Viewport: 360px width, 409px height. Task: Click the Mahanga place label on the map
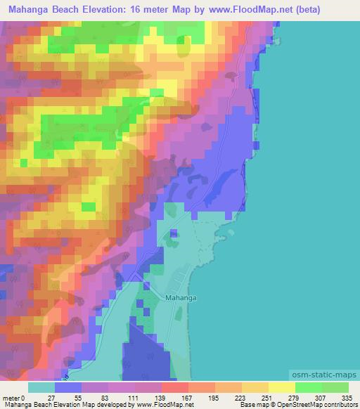click(181, 298)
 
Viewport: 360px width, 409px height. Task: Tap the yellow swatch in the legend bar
click(281, 387)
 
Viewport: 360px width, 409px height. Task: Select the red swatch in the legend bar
click(174, 387)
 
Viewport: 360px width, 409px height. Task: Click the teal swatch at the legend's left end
click(41, 387)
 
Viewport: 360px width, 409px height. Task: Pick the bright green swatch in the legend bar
click(308, 387)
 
